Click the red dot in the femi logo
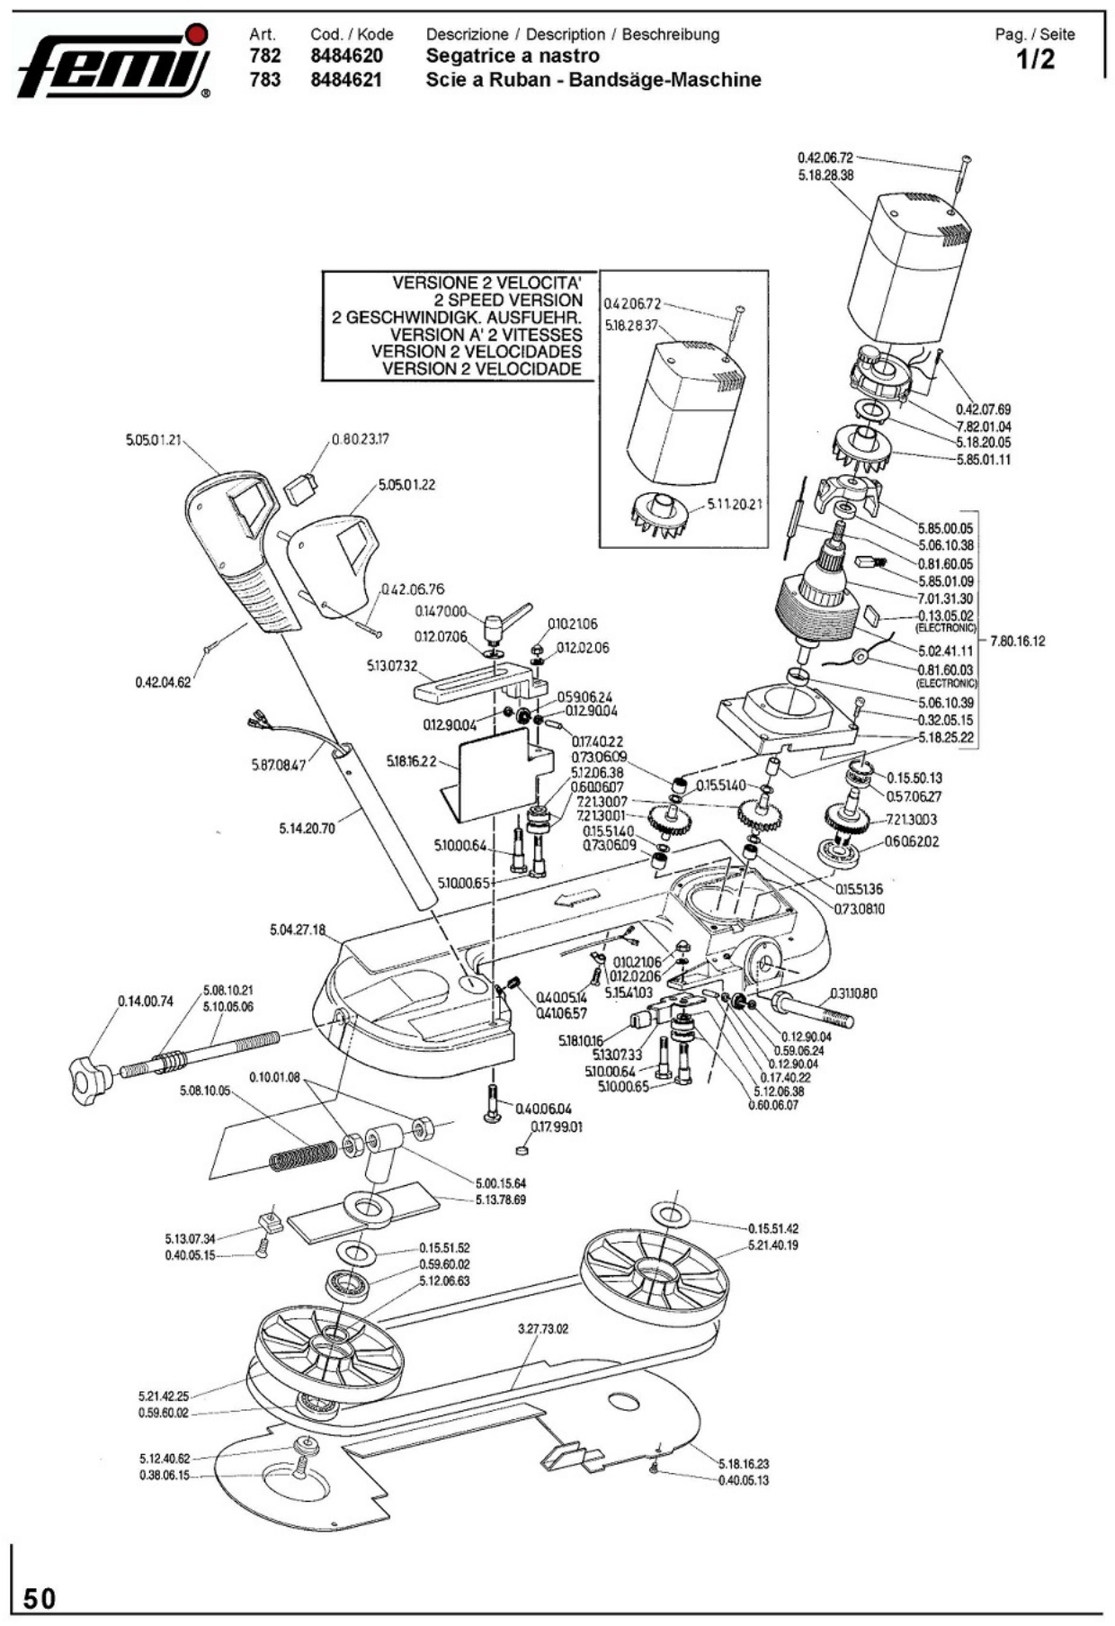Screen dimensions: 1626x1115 coord(201,35)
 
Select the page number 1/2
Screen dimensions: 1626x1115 coord(1035,60)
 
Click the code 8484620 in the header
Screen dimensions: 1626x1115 coord(346,56)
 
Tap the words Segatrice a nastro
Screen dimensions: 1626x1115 coord(513,56)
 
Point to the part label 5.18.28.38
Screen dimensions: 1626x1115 coord(825,175)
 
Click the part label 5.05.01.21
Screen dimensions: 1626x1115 coord(154,440)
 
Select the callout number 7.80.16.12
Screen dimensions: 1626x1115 coord(1017,642)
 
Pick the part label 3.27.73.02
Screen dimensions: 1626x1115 coord(543,1328)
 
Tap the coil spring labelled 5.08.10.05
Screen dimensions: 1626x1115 coord(304,1154)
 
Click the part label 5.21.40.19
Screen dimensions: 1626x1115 coord(772,1245)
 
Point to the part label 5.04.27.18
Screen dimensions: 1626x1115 coord(298,930)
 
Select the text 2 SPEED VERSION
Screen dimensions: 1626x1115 coord(508,300)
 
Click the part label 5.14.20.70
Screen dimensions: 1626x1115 coord(307,828)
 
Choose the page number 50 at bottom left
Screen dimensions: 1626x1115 coord(40,1598)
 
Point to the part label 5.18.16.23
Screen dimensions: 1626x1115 coord(744,1464)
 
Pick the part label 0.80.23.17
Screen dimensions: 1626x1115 coord(360,440)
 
